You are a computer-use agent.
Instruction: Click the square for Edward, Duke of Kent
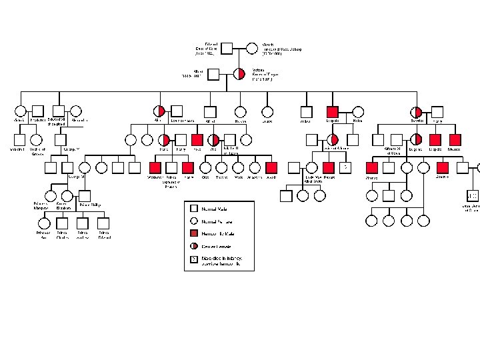click(227, 48)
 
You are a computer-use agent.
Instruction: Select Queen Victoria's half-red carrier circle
click(239, 74)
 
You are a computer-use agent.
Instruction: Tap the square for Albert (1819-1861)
click(213, 74)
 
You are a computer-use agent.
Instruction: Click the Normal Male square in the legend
click(194, 209)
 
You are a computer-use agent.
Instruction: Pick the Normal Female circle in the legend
click(194, 221)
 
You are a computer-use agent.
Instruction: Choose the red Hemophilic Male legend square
click(194, 234)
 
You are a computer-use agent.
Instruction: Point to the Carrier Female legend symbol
click(194, 247)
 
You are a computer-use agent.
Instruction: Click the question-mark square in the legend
click(194, 259)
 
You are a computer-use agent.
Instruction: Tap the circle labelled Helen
click(358, 112)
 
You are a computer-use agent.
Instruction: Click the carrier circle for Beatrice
click(417, 112)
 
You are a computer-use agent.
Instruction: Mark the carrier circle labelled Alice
click(159, 112)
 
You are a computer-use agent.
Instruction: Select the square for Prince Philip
click(85, 196)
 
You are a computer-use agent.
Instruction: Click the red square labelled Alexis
click(271, 168)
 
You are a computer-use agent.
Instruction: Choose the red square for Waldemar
click(156, 168)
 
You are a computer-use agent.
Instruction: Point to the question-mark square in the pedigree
click(345, 167)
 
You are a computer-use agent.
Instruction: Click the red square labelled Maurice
click(455, 139)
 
